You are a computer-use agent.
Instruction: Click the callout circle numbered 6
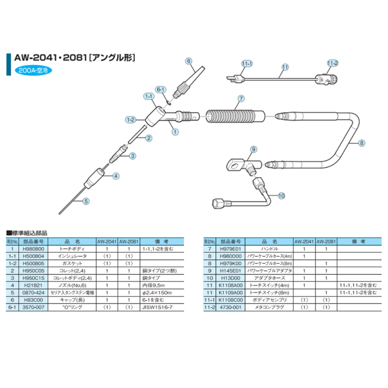pyautogui.click(x=189, y=61)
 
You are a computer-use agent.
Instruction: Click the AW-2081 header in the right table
pyautogui.click(x=326, y=241)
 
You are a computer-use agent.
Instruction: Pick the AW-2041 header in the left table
pyautogui.click(x=107, y=241)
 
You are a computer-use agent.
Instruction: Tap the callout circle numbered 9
pyautogui.click(x=253, y=148)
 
